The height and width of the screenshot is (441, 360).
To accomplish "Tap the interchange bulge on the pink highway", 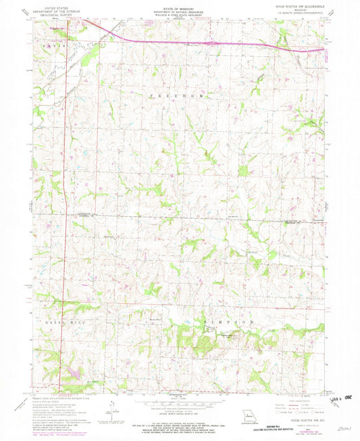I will coord(213,43).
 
